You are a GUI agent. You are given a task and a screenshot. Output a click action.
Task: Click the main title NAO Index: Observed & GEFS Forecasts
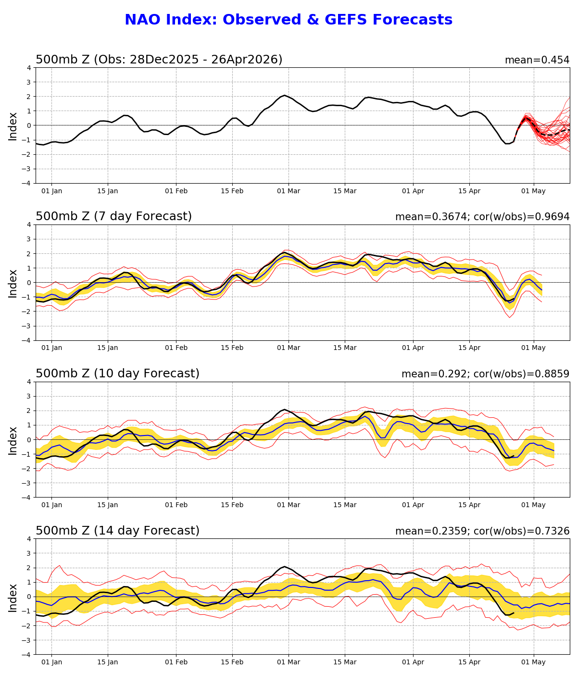tap(288, 20)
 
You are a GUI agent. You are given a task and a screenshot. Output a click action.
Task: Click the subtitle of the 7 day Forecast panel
tap(113, 217)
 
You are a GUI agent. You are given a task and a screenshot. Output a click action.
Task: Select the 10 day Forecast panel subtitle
tap(117, 374)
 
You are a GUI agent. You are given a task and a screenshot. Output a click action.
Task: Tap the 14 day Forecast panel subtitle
tap(117, 531)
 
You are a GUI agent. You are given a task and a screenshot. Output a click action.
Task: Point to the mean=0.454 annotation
tap(537, 60)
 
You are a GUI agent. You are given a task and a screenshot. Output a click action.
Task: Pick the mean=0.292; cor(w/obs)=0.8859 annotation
tap(485, 374)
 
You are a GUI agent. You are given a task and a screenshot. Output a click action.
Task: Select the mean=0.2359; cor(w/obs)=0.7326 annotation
tap(482, 531)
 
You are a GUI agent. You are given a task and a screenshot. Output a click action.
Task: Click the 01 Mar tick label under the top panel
tap(288, 191)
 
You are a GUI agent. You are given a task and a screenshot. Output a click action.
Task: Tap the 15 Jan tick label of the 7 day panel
tap(108, 348)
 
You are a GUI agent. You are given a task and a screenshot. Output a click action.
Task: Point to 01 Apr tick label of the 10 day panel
tap(413, 505)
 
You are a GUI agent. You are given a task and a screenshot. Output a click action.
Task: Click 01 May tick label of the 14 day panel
tap(533, 662)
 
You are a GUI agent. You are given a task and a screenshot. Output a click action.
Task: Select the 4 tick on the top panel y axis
tap(29, 68)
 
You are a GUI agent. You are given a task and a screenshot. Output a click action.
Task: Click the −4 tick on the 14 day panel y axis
tap(27, 655)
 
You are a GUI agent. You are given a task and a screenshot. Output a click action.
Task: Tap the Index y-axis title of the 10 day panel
tap(13, 440)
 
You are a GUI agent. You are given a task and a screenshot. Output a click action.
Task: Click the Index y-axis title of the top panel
tap(13, 125)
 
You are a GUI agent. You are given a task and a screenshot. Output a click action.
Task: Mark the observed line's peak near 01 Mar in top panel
tap(284, 95)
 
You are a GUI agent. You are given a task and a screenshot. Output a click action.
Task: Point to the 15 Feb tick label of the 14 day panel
tap(232, 662)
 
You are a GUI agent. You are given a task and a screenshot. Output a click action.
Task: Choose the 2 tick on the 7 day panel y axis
tap(29, 254)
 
